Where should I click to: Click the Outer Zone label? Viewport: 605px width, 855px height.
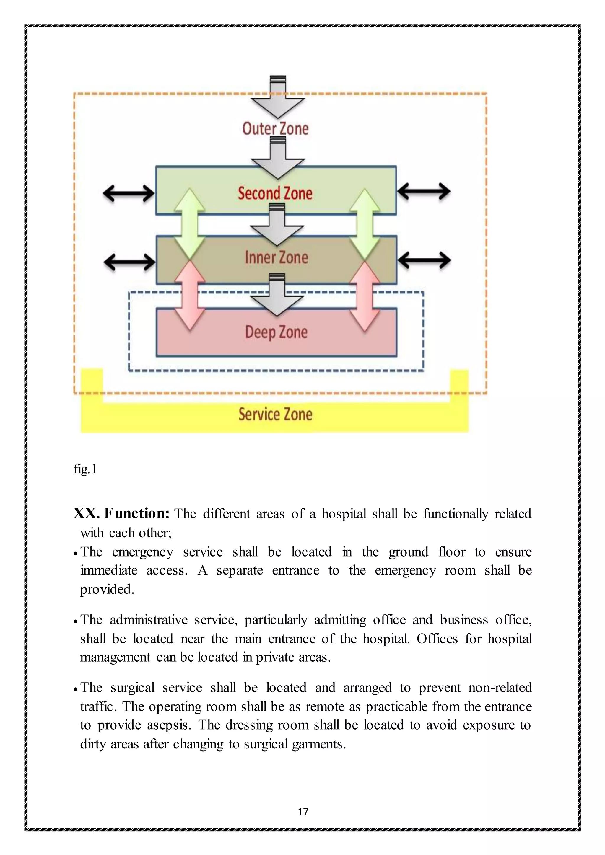(x=275, y=129)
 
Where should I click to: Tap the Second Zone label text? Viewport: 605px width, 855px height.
(x=275, y=193)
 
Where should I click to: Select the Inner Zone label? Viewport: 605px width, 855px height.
(x=277, y=258)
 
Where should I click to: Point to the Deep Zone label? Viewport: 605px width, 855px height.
(x=277, y=332)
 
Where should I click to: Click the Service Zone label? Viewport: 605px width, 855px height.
(x=275, y=415)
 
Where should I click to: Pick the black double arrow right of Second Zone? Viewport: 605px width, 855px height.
(x=424, y=192)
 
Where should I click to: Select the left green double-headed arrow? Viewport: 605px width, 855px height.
(x=190, y=224)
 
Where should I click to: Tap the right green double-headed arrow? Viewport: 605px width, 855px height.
(x=365, y=224)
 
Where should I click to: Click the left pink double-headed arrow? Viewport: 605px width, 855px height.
(x=190, y=295)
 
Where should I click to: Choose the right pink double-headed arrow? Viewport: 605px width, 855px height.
(x=365, y=296)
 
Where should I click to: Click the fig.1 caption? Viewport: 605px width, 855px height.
(x=85, y=469)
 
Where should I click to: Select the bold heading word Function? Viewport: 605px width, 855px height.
(x=137, y=513)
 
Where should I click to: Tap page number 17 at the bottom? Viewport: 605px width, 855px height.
(x=303, y=812)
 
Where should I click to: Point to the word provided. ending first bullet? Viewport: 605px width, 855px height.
(x=107, y=590)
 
